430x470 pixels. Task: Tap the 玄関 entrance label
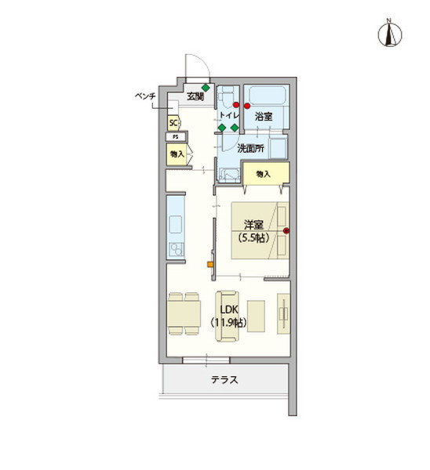195,97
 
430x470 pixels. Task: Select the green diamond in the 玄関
206,87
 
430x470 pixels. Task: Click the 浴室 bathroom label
263,116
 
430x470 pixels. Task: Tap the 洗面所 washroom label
251,147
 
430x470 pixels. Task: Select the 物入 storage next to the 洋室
262,173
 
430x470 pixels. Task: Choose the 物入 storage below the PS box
176,154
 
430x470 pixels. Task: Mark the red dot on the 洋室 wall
286,231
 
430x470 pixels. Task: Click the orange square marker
210,264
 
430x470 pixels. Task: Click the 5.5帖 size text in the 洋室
252,236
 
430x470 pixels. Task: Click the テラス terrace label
224,381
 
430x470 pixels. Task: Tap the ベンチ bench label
147,96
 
